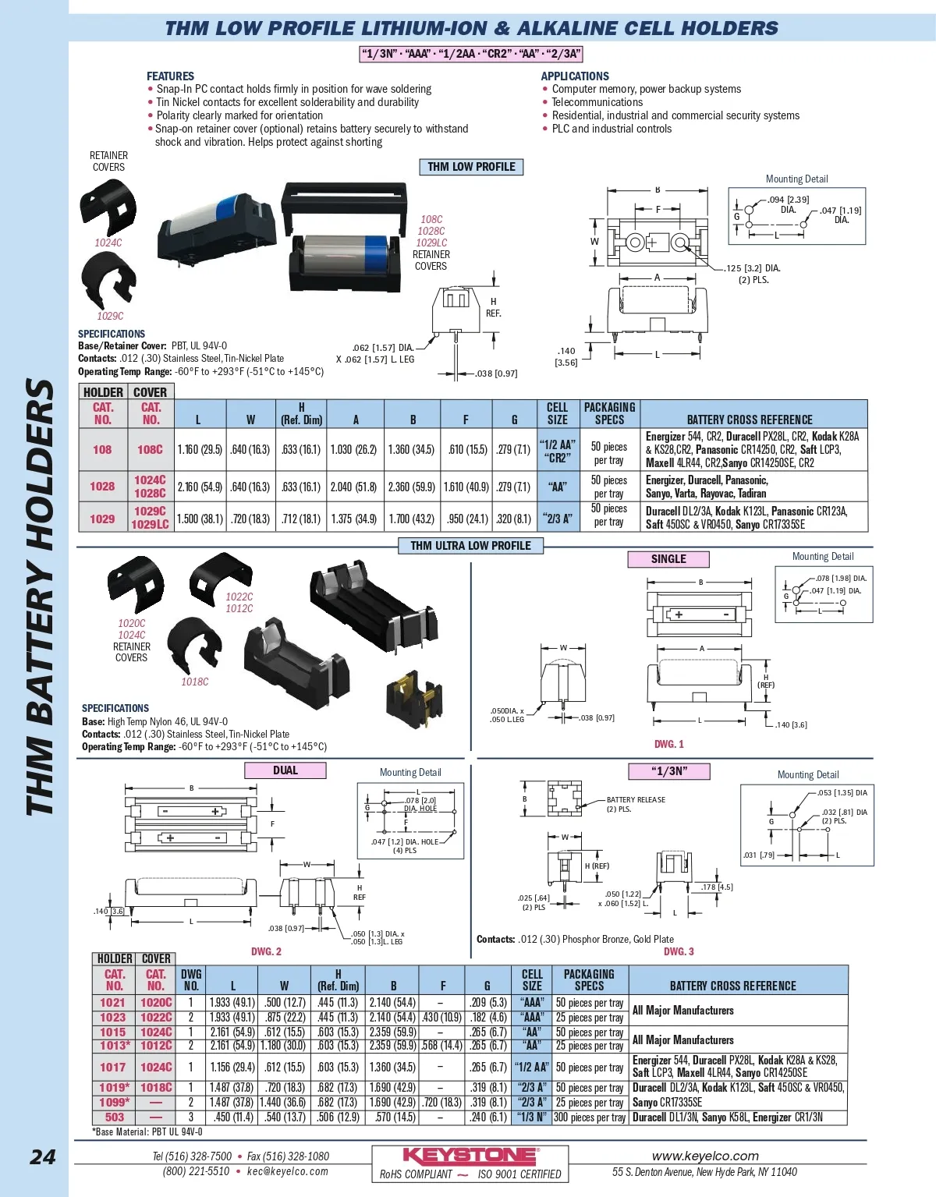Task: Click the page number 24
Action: (x=42, y=1156)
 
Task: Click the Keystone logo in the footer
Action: (x=470, y=1156)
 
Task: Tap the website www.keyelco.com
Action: (x=705, y=1156)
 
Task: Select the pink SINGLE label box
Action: (x=668, y=559)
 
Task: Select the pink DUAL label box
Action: (x=285, y=770)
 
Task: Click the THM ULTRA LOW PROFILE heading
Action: (x=470, y=546)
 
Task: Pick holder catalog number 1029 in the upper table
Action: (x=102, y=519)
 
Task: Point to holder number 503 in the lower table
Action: (x=115, y=1117)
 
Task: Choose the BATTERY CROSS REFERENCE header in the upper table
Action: (x=749, y=420)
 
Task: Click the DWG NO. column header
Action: (x=191, y=980)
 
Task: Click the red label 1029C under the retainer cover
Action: (x=110, y=316)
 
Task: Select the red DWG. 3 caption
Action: (x=679, y=951)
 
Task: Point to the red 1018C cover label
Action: (x=195, y=682)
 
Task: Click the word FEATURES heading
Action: (x=170, y=76)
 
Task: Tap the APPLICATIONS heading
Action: (x=575, y=76)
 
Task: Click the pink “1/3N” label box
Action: (x=668, y=771)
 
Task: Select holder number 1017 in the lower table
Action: (x=112, y=1067)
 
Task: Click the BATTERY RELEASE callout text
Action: (x=636, y=800)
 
